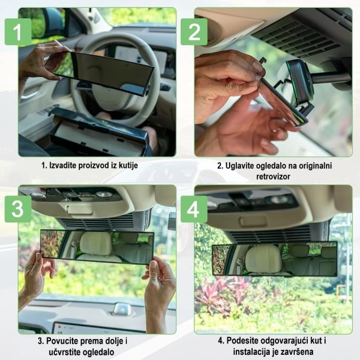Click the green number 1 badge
click(x=18, y=32)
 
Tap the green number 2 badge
click(x=194, y=32)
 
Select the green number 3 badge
click(x=18, y=209)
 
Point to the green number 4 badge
click(x=194, y=209)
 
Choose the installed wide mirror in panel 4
click(x=274, y=259)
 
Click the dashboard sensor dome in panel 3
click(x=122, y=309)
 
